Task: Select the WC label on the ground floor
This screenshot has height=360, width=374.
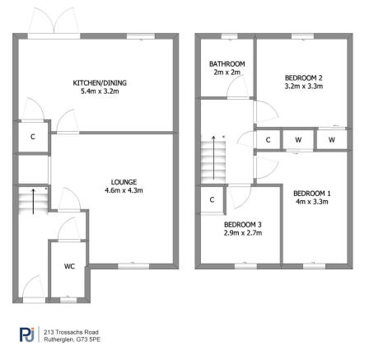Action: coord(70,266)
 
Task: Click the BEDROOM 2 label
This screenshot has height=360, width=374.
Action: coord(302,77)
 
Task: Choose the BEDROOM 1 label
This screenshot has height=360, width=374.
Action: coord(311,193)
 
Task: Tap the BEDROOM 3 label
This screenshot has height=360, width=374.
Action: coord(243,224)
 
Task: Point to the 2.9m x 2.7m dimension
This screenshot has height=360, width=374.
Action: coord(243,233)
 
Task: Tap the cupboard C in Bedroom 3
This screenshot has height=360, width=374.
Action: coord(212,199)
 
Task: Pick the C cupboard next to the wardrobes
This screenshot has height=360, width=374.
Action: coord(268,141)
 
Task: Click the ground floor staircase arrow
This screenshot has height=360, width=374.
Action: coord(33,201)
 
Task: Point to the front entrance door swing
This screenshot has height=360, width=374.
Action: coord(33,287)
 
